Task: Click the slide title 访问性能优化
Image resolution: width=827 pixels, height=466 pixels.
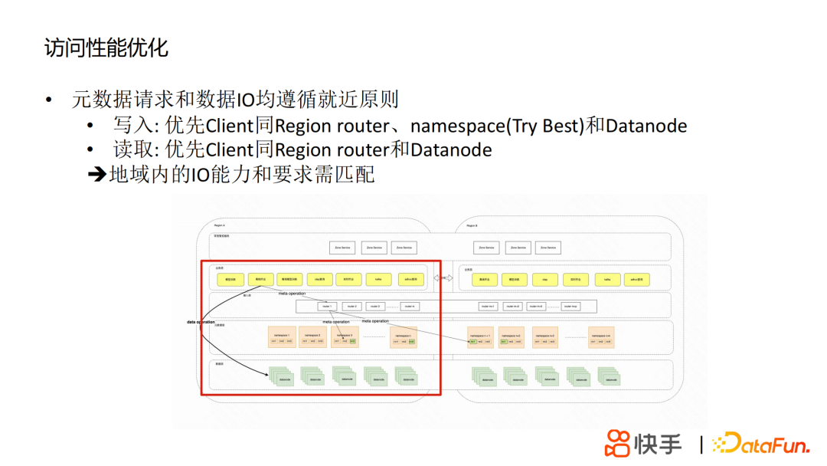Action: tap(106, 48)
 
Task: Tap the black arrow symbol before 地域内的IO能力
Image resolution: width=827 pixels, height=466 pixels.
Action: tap(97, 175)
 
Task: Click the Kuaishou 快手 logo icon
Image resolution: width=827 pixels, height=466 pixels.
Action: tap(618, 443)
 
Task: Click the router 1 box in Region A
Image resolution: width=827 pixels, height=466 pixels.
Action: tap(326, 306)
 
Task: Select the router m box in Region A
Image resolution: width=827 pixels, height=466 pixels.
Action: tap(410, 306)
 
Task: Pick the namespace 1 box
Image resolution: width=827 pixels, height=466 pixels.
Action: tap(281, 337)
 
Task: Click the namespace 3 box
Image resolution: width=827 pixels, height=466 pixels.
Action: tap(345, 337)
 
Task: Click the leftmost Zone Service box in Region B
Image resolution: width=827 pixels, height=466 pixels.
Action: tap(485, 248)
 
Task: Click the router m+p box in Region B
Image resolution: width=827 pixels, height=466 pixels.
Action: tap(570, 306)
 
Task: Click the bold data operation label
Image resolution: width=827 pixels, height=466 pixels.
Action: tap(201, 322)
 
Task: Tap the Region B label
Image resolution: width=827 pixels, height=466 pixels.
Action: tap(472, 226)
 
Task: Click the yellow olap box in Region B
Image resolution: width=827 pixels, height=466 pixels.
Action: tap(544, 280)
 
